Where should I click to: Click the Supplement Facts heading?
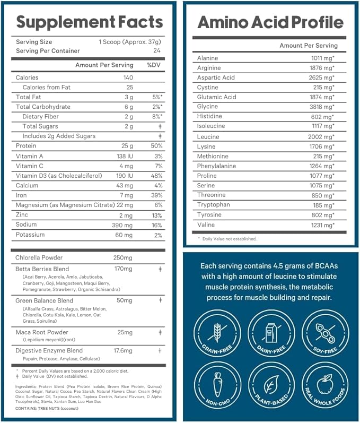click(89, 22)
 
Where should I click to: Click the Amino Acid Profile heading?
click(270, 23)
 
